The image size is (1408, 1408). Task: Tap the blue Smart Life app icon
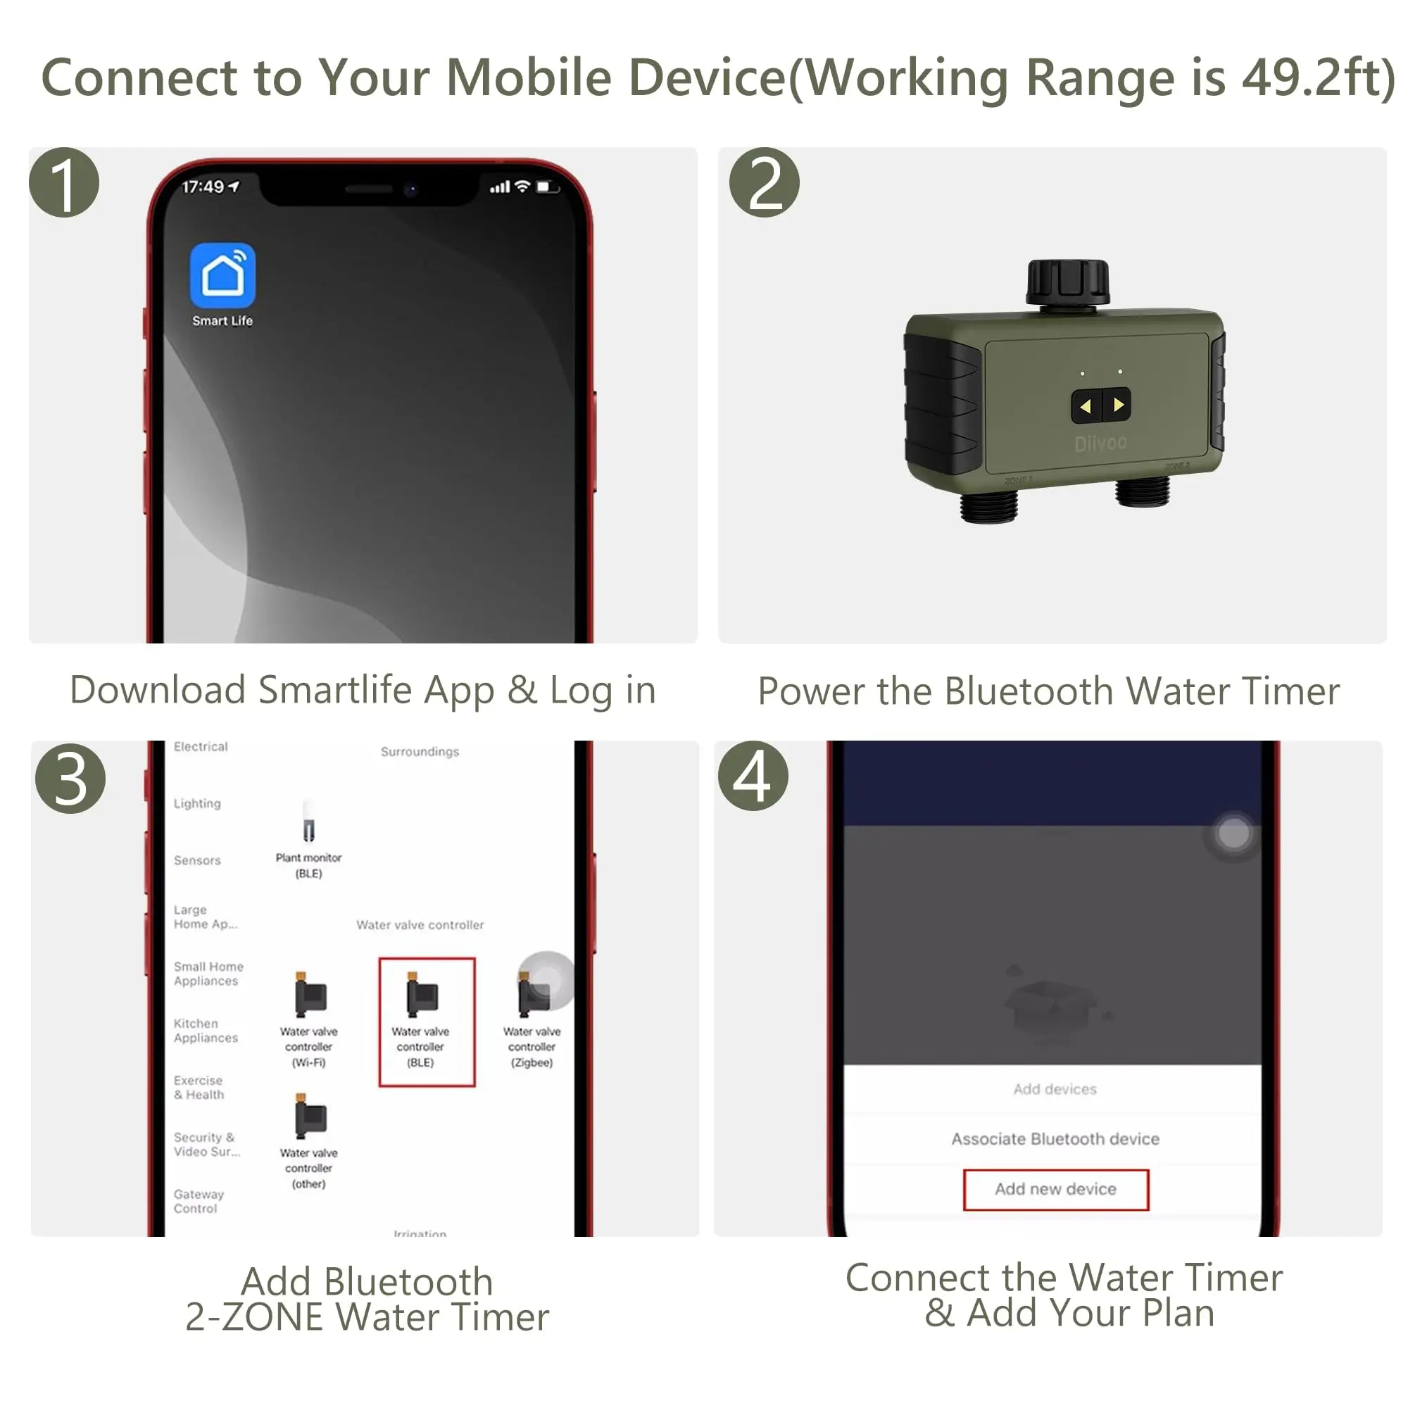coord(222,275)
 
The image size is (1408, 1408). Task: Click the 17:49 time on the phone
coord(203,187)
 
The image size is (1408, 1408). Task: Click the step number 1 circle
coord(64,183)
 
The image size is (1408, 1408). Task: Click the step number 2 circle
coord(764,183)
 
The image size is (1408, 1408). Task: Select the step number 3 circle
coord(70,779)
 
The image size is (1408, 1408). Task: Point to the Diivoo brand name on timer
coord(1100,442)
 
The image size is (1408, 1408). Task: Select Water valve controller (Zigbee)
coord(532,1020)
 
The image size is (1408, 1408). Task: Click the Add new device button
coord(1055,1189)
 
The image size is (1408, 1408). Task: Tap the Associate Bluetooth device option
coord(1055,1138)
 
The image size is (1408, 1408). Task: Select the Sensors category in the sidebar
coord(198,860)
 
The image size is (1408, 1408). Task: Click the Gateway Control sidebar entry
coord(199,1201)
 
